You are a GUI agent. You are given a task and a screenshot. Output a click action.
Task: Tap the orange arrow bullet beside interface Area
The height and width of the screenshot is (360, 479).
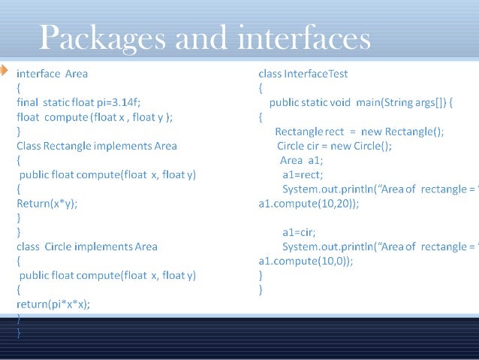(4, 71)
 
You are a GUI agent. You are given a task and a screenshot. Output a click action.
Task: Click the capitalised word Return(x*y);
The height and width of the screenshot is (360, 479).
(47, 203)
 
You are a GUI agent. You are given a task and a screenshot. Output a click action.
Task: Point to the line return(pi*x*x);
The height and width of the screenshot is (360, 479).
(53, 304)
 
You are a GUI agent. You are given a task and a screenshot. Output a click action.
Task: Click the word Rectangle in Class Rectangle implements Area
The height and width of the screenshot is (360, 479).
(73, 146)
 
